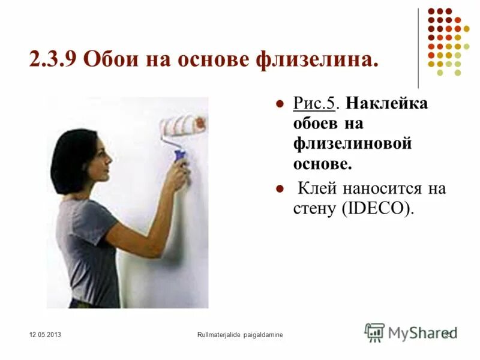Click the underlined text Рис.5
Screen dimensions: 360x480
point(314,103)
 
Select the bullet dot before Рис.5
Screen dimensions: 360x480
point(278,104)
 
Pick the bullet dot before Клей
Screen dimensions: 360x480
point(278,190)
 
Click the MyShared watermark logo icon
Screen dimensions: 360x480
point(374,332)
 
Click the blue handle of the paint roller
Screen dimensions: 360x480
point(179,155)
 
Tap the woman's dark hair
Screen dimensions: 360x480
point(72,159)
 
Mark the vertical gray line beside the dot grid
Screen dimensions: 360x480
point(418,48)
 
